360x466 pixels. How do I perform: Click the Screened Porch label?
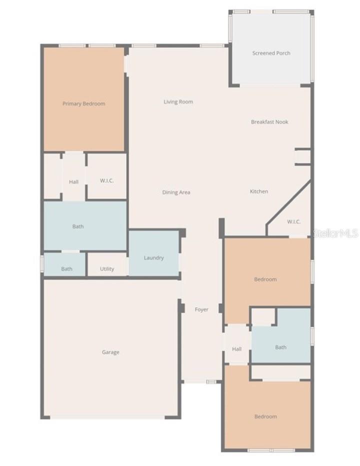271,53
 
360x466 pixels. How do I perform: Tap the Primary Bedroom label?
83,103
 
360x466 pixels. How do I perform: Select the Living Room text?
178,101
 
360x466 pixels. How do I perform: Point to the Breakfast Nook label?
269,121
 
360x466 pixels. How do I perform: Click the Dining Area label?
176,192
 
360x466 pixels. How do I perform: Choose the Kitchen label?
259,191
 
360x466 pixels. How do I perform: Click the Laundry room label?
153,257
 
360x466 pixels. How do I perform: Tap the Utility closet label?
107,268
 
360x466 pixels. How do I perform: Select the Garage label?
110,352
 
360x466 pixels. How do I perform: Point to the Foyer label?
201,309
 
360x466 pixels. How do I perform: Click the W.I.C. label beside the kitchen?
294,221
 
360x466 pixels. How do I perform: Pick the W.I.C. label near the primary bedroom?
106,180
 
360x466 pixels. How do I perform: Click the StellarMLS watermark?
335,233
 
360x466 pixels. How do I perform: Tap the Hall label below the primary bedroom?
73,181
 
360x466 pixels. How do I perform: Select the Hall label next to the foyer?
236,348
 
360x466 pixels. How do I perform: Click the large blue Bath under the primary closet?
78,226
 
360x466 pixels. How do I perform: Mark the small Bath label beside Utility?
66,268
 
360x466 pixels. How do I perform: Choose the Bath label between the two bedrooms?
280,347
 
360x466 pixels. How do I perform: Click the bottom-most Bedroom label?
265,416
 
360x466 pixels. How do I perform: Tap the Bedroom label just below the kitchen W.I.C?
265,279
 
